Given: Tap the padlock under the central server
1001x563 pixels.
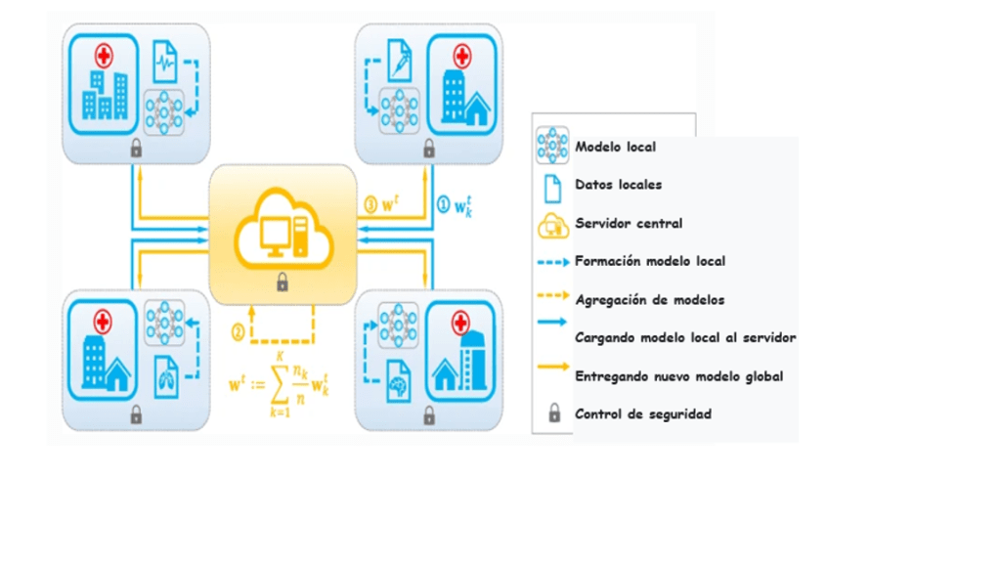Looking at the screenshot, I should [x=283, y=283].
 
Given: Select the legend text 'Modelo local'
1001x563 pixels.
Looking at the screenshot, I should [x=615, y=147].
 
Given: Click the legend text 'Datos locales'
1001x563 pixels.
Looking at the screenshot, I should [x=618, y=185].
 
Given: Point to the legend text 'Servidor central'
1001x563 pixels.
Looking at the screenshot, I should [x=629, y=223].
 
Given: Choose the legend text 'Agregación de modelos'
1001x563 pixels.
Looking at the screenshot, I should [x=649, y=300].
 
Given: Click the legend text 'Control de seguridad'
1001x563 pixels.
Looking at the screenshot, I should [x=642, y=414].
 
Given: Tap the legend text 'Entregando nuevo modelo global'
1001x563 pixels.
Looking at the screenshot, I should [x=678, y=376].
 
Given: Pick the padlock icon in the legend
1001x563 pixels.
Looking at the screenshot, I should [x=554, y=413].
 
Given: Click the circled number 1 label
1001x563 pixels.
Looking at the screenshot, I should [x=443, y=205].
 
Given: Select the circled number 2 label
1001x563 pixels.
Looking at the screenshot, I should [x=238, y=332].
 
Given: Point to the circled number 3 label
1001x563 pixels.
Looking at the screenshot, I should [x=370, y=205].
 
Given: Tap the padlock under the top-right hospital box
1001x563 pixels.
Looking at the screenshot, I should [x=428, y=150].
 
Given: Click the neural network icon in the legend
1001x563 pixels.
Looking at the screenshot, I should [x=552, y=147].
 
